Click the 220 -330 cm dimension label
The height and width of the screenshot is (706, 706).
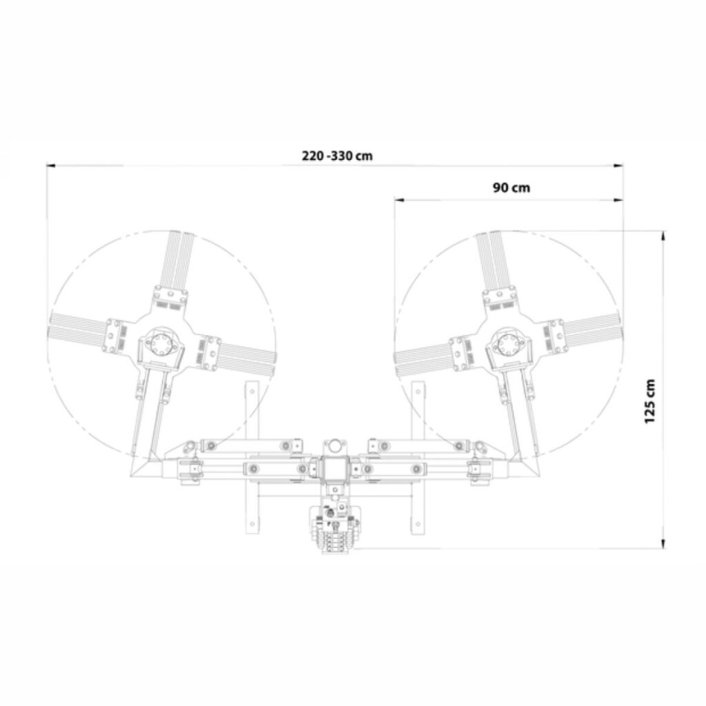click(337, 156)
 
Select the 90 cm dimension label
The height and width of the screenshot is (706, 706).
click(512, 188)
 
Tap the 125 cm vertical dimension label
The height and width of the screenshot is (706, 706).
click(649, 401)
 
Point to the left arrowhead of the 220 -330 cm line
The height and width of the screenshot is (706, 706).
click(51, 165)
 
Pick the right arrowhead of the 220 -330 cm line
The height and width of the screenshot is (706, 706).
click(619, 165)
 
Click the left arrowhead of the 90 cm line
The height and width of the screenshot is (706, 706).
click(399, 200)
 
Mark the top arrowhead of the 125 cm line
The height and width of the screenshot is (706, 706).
click(663, 236)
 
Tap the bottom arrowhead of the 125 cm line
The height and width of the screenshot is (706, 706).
click(663, 544)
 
